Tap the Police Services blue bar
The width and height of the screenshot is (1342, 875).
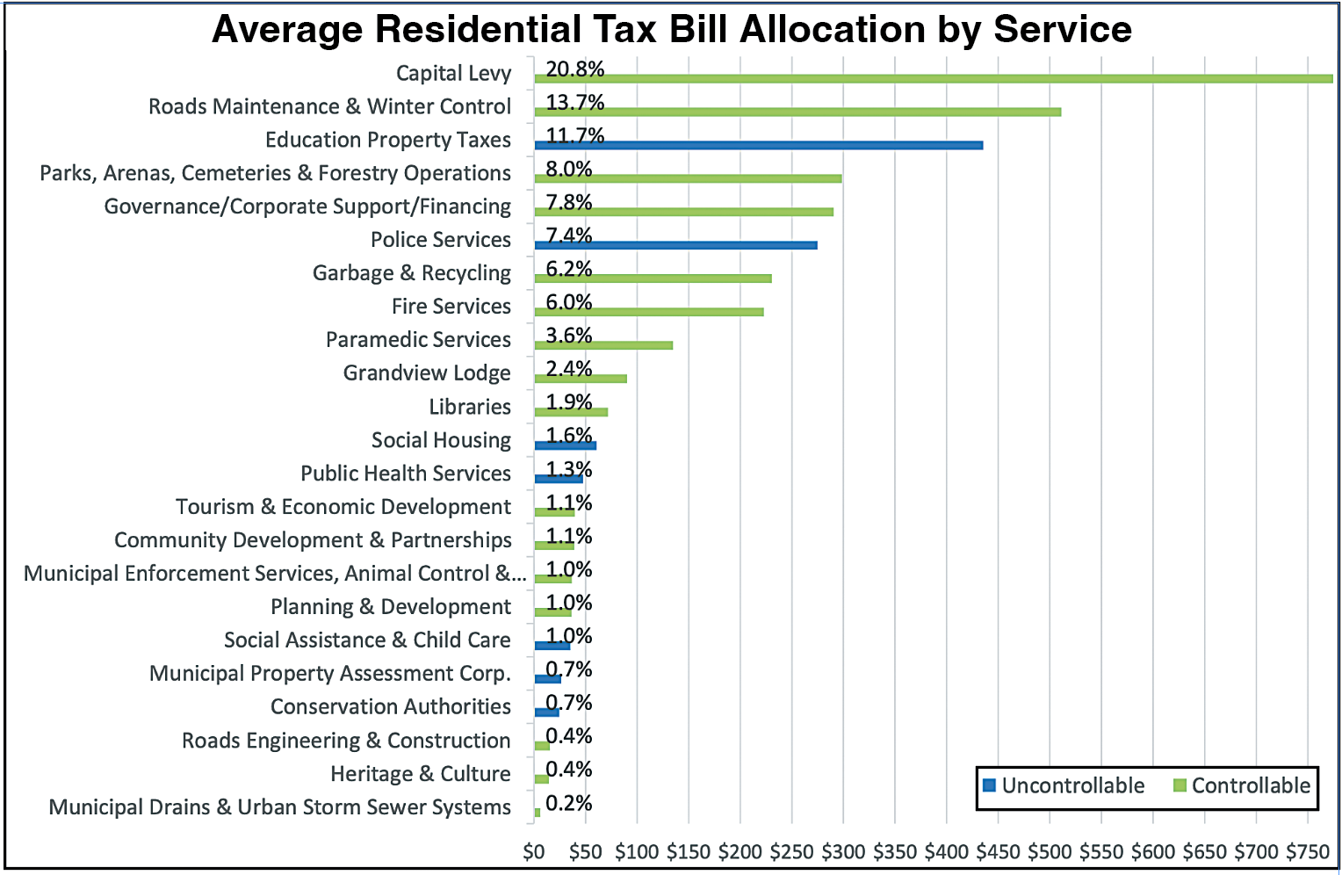675,245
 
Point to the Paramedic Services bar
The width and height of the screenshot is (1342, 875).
603,345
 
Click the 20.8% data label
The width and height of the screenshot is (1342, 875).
574,69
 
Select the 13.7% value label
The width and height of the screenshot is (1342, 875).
574,102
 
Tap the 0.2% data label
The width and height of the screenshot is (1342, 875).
568,803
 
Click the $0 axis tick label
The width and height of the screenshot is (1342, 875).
534,851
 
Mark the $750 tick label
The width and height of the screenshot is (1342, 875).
1308,851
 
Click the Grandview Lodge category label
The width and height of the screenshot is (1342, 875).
427,373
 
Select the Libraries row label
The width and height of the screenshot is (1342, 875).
470,407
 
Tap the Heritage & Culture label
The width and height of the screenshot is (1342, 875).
420,774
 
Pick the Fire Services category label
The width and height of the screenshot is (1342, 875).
451,307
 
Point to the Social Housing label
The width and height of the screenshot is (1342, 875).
441,440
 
